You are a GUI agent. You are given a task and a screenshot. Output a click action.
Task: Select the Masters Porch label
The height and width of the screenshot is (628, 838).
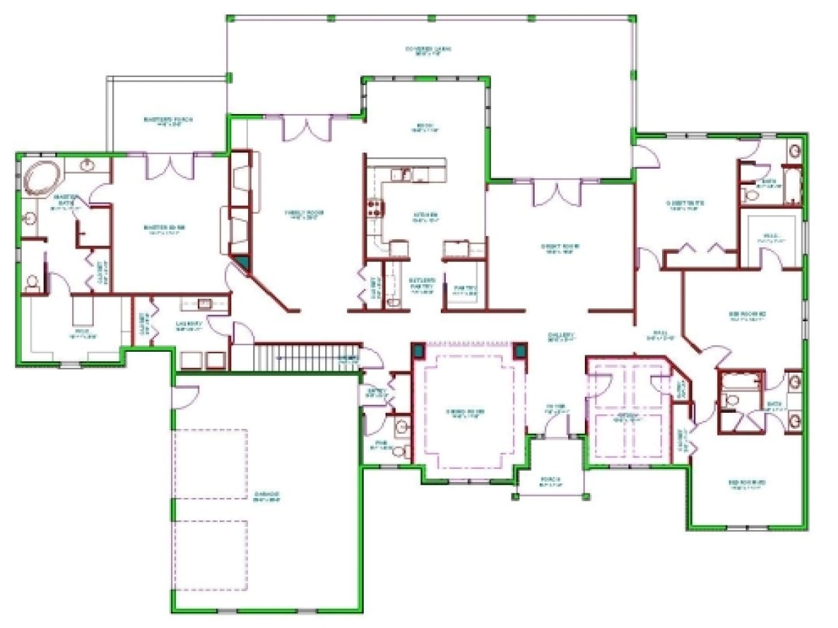(x=168, y=121)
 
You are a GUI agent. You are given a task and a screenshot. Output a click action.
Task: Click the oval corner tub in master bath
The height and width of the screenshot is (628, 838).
(x=42, y=178)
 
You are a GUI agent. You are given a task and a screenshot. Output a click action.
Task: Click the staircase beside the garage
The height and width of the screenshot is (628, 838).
(x=306, y=356)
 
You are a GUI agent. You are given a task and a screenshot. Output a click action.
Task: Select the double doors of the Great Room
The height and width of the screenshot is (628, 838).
(x=557, y=193)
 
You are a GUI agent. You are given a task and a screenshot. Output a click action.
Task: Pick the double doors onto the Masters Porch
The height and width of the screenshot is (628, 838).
(x=169, y=166)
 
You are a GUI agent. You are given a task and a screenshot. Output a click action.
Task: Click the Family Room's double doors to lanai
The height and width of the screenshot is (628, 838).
(x=307, y=128)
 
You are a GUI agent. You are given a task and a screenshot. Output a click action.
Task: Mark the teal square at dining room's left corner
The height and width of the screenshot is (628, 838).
(x=418, y=350)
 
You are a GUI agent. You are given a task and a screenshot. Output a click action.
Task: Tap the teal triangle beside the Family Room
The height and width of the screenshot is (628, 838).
(x=241, y=263)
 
